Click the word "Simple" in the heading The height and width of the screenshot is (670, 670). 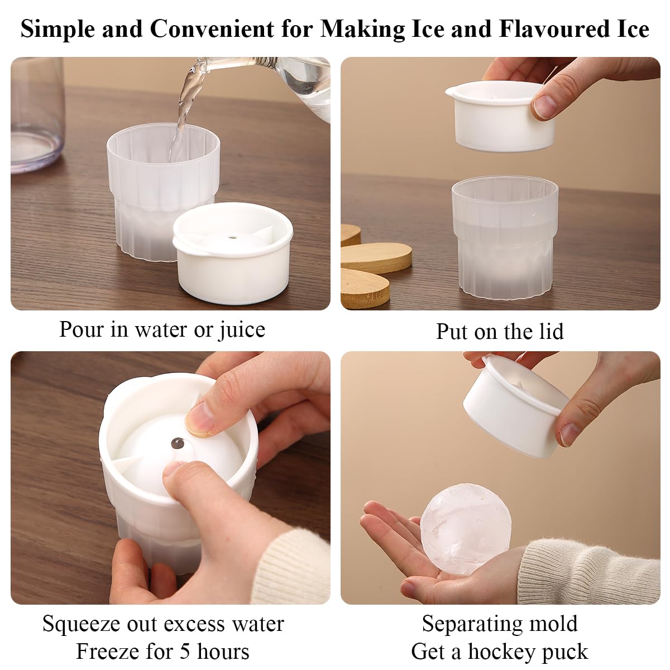click(x=58, y=30)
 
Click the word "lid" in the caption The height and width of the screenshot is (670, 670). click(x=551, y=331)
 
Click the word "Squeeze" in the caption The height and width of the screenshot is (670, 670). click(x=82, y=614)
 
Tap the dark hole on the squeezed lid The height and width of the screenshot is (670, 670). click(x=178, y=443)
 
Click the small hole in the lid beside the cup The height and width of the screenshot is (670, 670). click(x=232, y=238)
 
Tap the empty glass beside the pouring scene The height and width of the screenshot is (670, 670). click(x=36, y=115)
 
